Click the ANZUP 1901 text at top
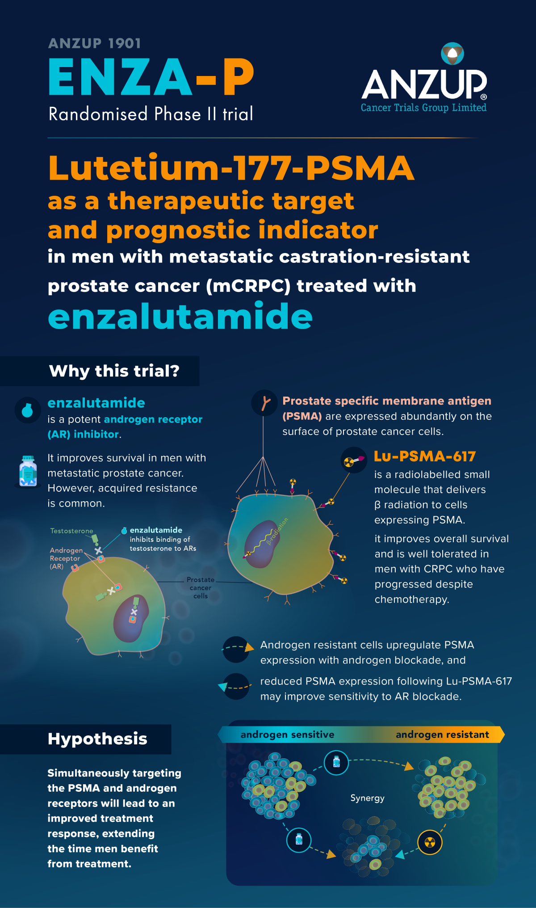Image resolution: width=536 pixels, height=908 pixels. [x=95, y=43]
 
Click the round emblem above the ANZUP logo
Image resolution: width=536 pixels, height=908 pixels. [x=452, y=53]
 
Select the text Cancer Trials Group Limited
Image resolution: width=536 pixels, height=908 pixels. [x=423, y=108]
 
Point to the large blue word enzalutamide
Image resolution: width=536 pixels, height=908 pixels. [x=180, y=316]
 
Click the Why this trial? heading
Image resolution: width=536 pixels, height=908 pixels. [x=114, y=371]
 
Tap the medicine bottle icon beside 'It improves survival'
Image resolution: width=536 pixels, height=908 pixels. [x=28, y=471]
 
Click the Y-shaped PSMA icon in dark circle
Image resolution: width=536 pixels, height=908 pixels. [x=264, y=403]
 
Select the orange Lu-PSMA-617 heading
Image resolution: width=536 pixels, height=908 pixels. [x=425, y=456]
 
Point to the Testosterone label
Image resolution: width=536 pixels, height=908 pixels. [x=71, y=531]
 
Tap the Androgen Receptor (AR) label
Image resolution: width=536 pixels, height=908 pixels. [x=65, y=558]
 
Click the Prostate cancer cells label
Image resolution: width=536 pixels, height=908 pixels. [x=201, y=587]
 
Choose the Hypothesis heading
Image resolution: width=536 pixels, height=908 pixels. [x=97, y=739]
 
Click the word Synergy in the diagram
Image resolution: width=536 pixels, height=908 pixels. [x=367, y=798]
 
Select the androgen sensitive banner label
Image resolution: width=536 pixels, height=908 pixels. [x=287, y=735]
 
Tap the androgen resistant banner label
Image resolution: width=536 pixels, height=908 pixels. [x=442, y=735]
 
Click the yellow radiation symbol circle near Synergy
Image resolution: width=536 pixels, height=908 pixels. [x=429, y=842]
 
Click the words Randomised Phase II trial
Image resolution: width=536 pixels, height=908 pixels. [x=151, y=114]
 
